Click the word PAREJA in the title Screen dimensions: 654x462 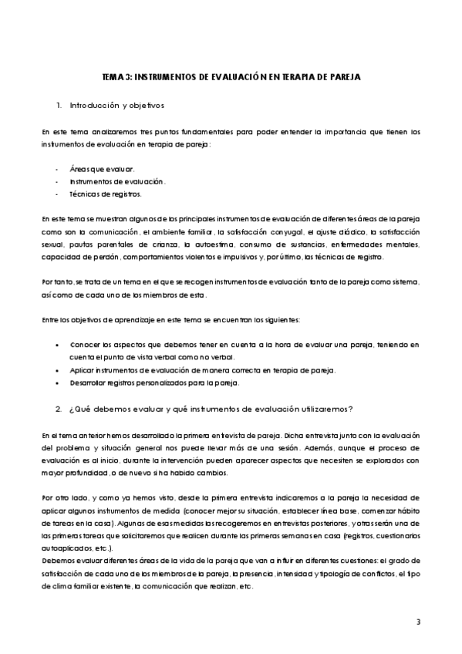pyautogui.click(x=344, y=78)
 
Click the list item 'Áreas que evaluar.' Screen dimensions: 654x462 pyautogui.click(x=102, y=168)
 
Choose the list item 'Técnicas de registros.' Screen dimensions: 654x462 pyautogui.click(x=105, y=194)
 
